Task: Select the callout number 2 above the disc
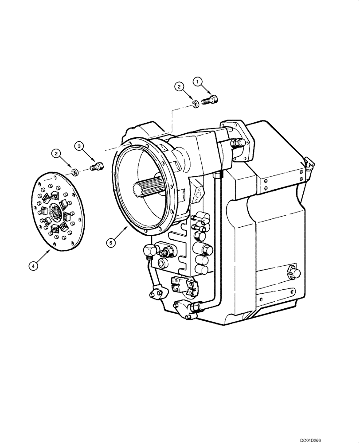(x=56, y=153)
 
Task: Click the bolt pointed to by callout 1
(x=210, y=100)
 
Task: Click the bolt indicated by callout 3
(x=96, y=167)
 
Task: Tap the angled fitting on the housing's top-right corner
(x=307, y=164)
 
